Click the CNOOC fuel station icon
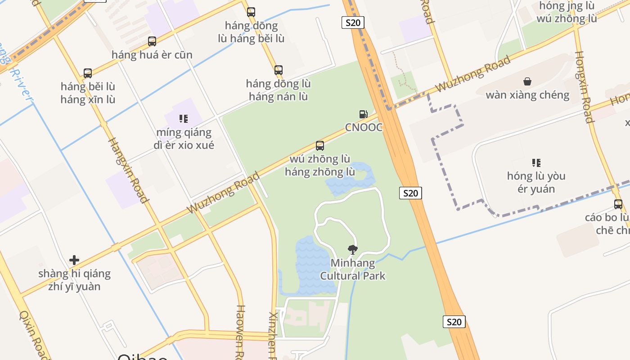click(363, 114)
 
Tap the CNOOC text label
click(364, 127)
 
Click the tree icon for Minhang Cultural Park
click(353, 249)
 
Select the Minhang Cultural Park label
click(353, 269)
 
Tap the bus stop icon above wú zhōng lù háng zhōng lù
click(320, 146)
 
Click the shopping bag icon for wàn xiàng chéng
click(527, 81)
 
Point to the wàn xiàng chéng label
click(527, 95)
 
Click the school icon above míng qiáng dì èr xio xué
click(183, 119)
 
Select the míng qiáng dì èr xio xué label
click(184, 139)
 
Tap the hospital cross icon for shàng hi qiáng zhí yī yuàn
click(74, 260)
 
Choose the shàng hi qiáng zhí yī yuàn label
click(74, 280)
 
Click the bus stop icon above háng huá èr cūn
click(152, 41)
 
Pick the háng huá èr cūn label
click(152, 55)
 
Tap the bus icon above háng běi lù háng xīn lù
click(88, 73)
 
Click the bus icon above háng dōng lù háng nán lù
click(279, 70)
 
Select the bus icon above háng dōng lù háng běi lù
click(251, 12)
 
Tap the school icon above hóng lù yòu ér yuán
click(536, 162)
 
